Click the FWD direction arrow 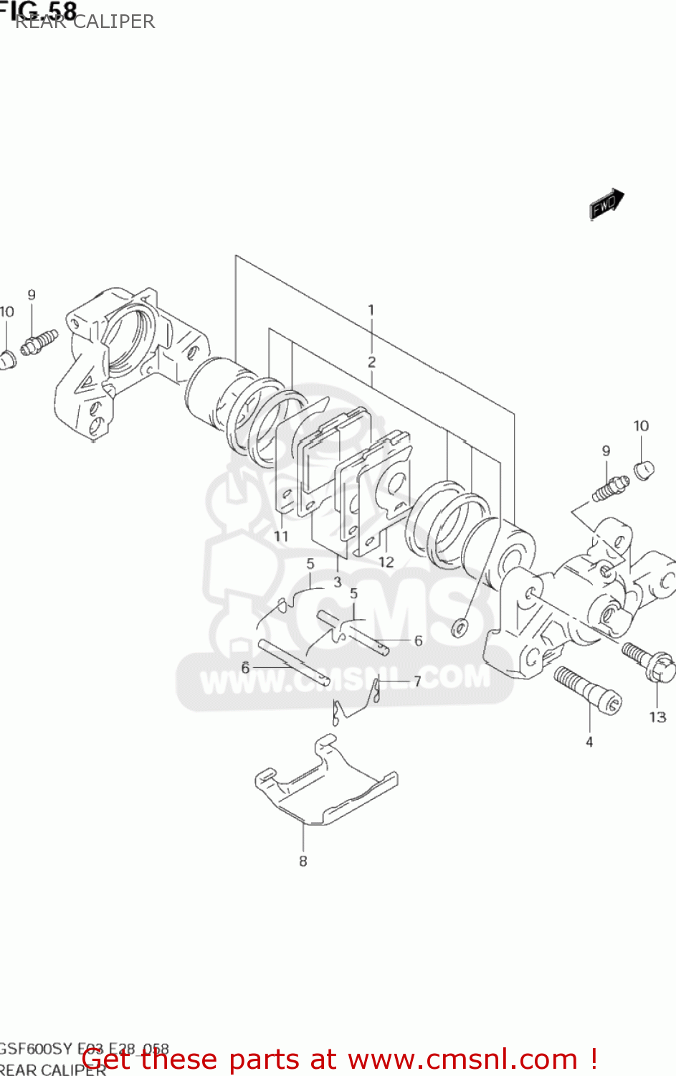pos(606,204)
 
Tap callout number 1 pos(371,311)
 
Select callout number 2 pos(371,362)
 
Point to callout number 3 pos(338,582)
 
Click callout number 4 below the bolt pos(589,742)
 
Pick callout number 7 pos(417,681)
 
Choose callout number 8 pos(303,861)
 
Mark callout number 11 pos(281,536)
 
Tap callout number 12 pos(386,562)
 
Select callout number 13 pos(657,717)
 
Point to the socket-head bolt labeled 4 pos(588,689)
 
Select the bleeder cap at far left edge pos(7,359)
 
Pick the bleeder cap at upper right pos(644,470)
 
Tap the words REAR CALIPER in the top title pos(85,22)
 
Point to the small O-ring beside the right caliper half pos(459,628)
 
